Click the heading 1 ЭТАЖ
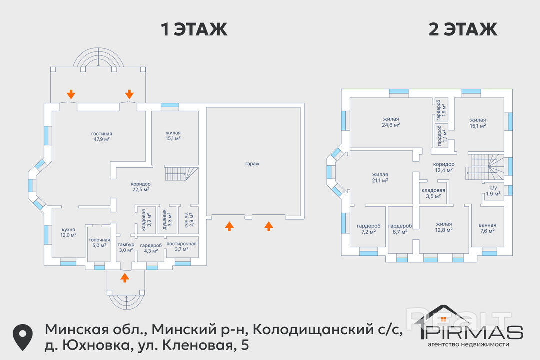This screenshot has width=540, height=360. (194, 29)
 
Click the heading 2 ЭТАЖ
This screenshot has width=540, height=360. (463, 29)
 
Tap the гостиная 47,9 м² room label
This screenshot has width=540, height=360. (101, 137)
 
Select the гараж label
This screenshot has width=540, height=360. (252, 164)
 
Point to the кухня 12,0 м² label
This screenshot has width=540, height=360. (68, 232)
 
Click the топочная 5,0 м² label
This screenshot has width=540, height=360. (99, 243)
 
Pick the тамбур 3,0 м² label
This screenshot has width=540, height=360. (126, 247)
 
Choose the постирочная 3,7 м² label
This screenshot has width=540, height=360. (181, 246)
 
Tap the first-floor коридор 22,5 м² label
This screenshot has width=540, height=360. (141, 187)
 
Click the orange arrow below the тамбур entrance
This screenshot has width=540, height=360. (125, 277)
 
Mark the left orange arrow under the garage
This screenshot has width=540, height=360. (229, 226)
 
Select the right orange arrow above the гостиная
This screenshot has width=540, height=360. (129, 94)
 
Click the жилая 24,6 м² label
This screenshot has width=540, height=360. (391, 122)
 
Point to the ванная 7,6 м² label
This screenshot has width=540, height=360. (487, 228)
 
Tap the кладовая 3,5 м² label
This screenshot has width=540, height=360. (433, 193)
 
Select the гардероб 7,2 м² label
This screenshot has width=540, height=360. (369, 229)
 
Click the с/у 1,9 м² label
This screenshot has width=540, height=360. (493, 191)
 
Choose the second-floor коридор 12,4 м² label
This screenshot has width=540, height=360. (444, 167)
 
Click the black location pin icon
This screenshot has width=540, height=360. (23, 337)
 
